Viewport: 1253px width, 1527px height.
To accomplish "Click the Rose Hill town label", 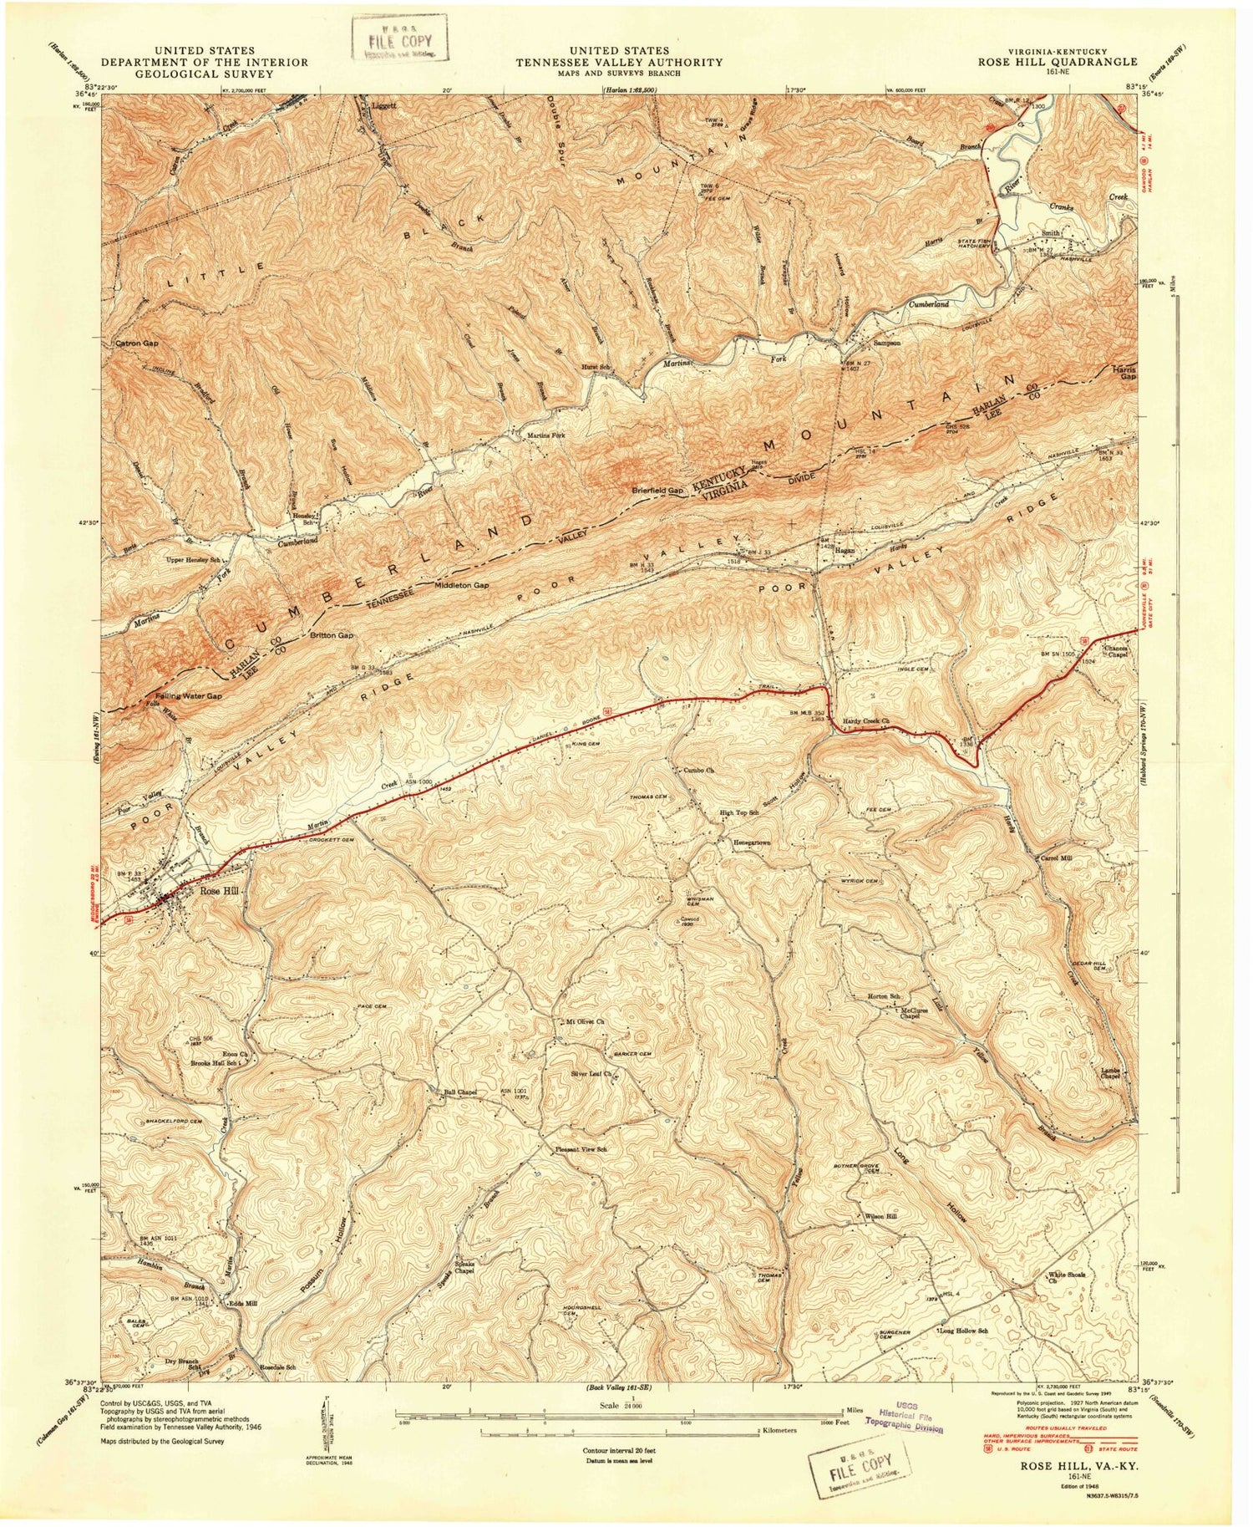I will coord(219,892).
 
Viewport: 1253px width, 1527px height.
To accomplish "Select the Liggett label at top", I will coord(383,106).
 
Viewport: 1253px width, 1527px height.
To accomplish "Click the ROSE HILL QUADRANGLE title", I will coord(1050,62).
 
